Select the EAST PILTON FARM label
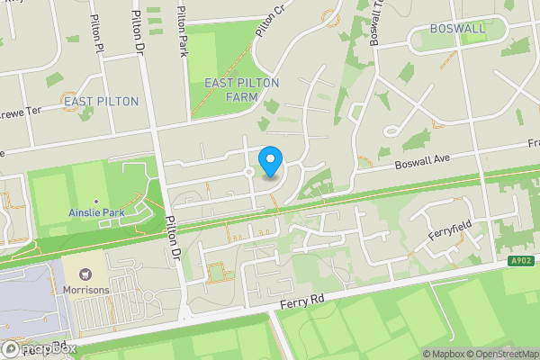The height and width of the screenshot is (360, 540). click(242, 89)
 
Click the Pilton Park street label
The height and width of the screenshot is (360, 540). click(183, 29)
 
